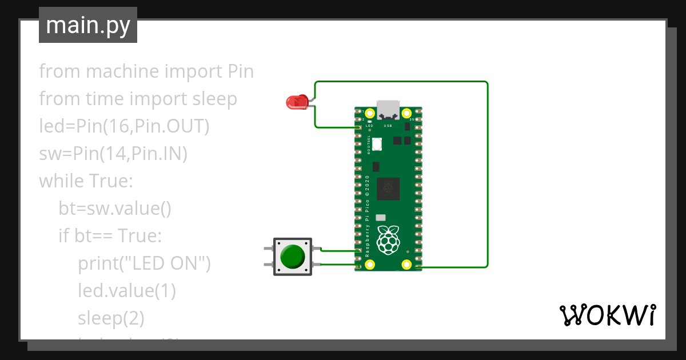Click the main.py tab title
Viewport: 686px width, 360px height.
click(88, 25)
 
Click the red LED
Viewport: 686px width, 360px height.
click(296, 102)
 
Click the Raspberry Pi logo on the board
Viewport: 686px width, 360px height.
click(389, 240)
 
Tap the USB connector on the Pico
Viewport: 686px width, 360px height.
click(388, 108)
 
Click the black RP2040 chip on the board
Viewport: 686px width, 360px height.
click(389, 189)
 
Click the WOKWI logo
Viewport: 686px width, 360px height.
click(607, 315)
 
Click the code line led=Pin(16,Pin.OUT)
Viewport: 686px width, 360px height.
click(124, 126)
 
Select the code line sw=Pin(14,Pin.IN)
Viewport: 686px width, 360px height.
click(113, 154)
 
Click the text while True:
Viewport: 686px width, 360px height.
click(86, 181)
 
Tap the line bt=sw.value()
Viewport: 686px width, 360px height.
click(114, 209)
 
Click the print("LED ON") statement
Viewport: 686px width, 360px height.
click(145, 263)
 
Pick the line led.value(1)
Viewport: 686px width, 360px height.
click(126, 291)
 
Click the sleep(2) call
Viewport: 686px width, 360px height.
click(111, 318)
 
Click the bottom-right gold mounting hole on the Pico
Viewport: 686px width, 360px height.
click(406, 264)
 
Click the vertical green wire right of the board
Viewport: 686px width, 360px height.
click(488, 171)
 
